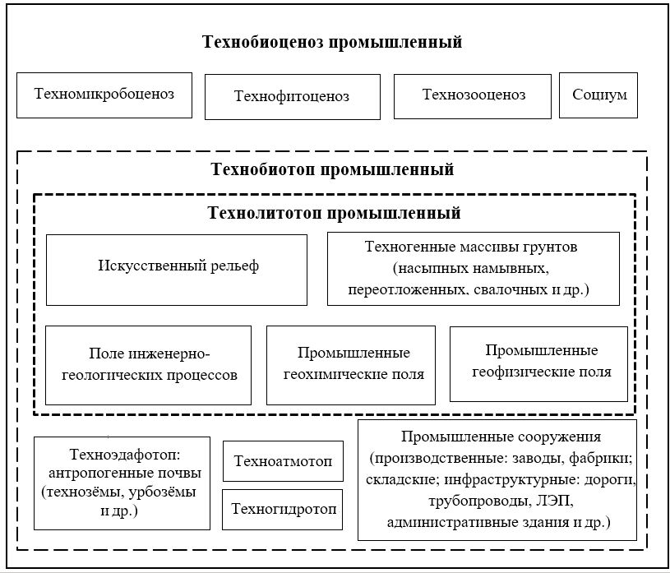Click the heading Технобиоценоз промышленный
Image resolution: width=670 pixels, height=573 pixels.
point(332,42)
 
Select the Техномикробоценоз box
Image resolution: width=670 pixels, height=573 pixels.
point(104,95)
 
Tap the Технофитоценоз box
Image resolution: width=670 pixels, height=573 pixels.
point(292,97)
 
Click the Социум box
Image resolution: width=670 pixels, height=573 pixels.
point(599,95)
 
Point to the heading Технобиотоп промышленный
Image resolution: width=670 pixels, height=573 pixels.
point(332,171)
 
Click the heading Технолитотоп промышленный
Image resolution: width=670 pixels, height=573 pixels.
point(332,214)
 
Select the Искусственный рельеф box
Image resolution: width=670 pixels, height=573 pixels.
point(177,270)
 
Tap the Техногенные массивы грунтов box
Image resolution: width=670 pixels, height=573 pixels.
point(473,269)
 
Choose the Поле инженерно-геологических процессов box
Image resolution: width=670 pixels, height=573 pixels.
point(148,365)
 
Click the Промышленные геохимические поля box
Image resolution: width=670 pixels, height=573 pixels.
point(351,365)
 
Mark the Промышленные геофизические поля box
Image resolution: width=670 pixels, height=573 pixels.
point(538,363)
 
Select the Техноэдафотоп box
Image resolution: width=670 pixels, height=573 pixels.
point(122,483)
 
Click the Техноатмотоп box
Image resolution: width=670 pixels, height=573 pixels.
point(283,461)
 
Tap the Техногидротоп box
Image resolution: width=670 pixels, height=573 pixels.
point(283,509)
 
